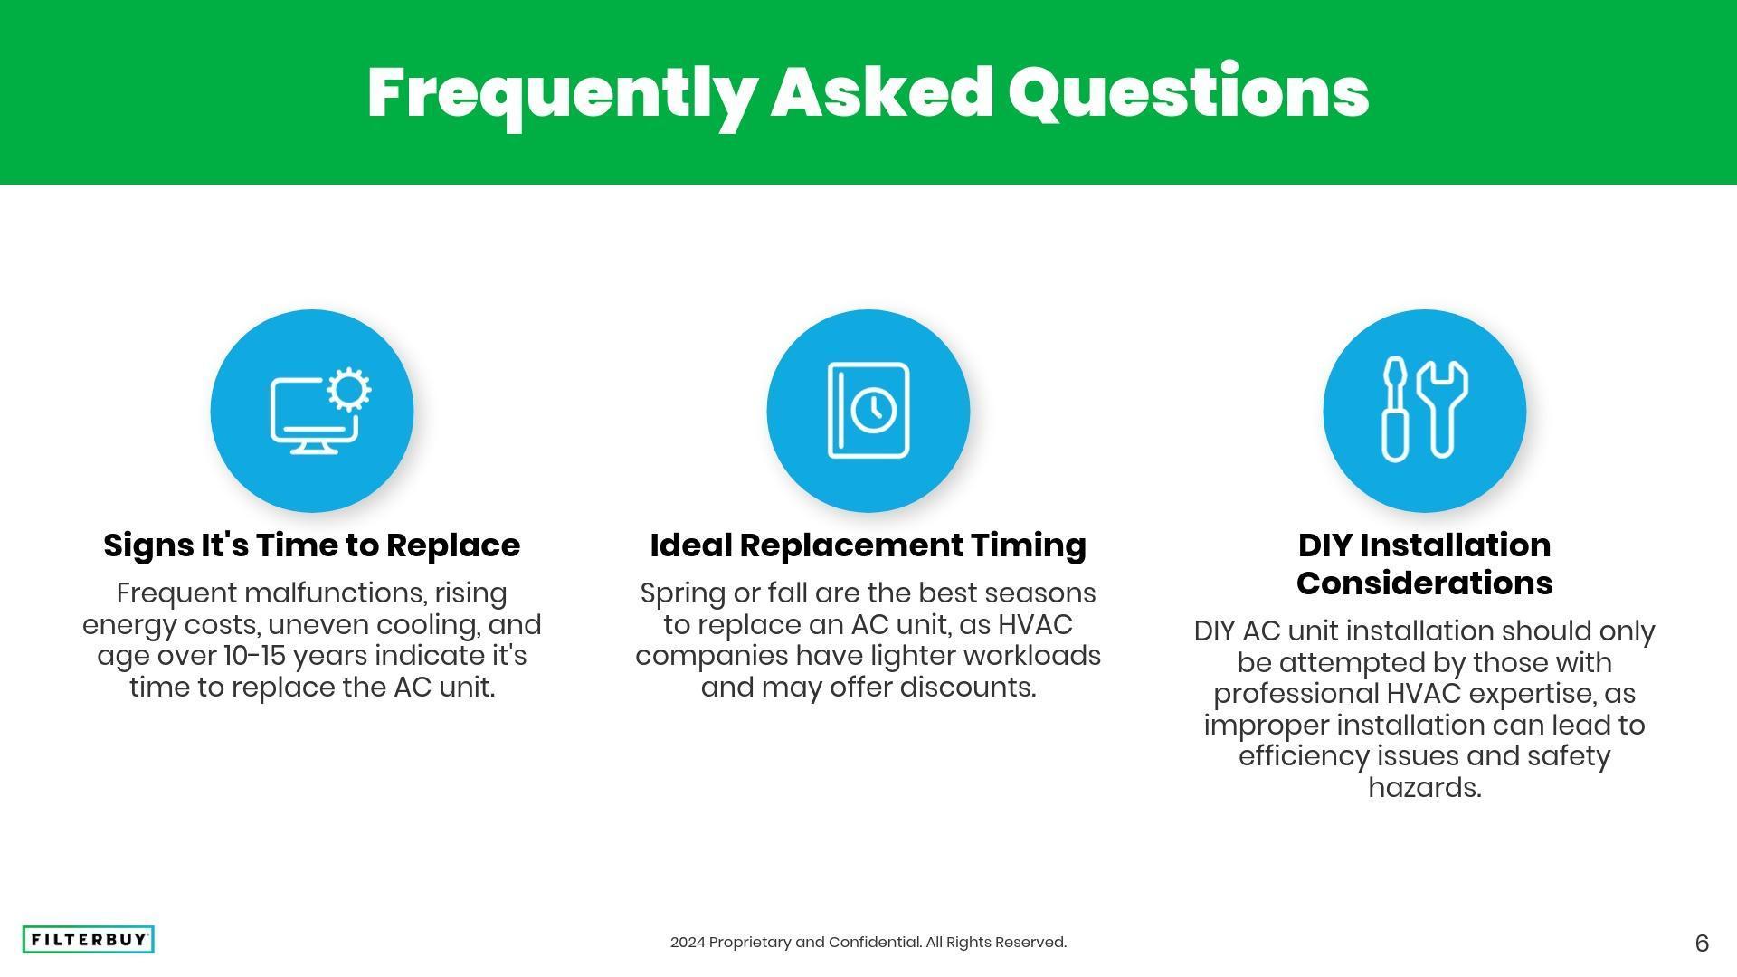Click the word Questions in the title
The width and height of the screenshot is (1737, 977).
1188,93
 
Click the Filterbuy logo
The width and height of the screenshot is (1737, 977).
88,940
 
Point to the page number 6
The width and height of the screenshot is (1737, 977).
1702,944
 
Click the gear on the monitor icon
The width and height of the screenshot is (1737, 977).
348,390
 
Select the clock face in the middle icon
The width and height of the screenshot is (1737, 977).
873,410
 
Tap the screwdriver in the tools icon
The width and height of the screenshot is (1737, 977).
1395,409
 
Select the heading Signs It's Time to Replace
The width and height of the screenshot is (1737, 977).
312,545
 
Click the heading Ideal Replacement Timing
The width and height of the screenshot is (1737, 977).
868,545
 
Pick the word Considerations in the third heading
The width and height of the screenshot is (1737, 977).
1425,583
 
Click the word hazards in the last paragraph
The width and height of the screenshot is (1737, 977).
1425,788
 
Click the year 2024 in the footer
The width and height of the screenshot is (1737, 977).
688,943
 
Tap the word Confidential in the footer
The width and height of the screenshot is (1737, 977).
875,943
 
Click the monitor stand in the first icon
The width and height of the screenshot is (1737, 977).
314,446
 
